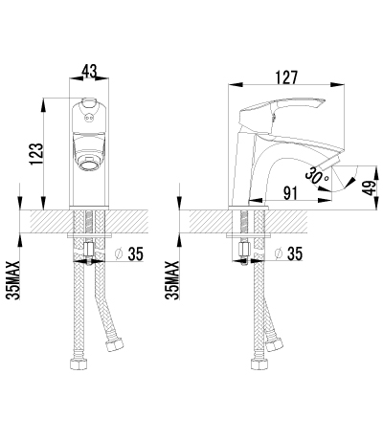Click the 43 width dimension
coord(89,71)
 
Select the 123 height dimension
coord(36,154)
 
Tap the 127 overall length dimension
coord(286,77)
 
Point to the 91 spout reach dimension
coord(290,193)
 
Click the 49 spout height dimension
coord(371,187)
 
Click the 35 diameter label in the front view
coord(136,253)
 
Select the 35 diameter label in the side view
coord(294,253)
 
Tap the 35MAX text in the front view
coord(13,280)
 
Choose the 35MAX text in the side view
coord(172,280)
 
